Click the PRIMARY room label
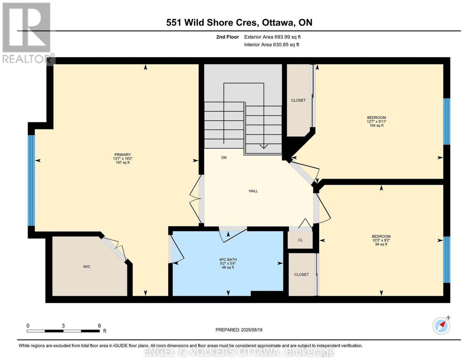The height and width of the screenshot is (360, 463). (122, 155)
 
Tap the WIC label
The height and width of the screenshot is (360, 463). (87, 267)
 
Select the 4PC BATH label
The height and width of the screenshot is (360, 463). (228, 260)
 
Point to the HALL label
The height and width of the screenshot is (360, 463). (253, 191)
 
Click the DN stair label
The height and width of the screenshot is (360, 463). (224, 158)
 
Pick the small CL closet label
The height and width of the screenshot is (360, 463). (300, 240)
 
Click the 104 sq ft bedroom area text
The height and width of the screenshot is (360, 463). (376, 125)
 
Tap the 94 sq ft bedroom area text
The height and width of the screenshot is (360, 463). (381, 244)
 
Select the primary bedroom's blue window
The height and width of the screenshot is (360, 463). (31, 180)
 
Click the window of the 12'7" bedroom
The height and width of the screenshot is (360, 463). (447, 121)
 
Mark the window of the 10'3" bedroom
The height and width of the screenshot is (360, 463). (447, 260)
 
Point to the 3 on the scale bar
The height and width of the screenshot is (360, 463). (63, 326)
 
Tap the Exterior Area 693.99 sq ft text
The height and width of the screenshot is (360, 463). (272, 37)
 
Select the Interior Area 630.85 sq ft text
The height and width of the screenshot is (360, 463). (272, 45)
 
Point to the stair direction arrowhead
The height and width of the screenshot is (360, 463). (264, 147)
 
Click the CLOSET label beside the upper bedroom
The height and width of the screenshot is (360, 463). (298, 100)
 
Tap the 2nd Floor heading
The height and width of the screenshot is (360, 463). (227, 37)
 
